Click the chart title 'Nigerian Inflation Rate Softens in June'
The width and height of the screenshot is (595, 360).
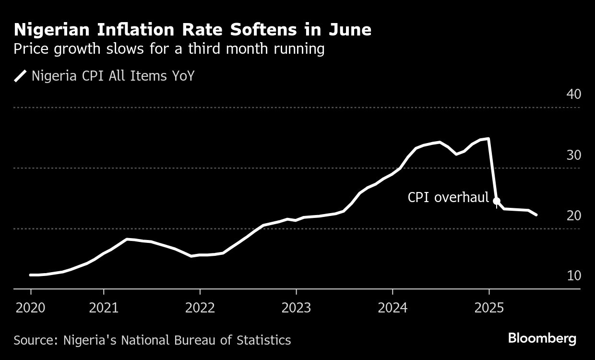(x=192, y=30)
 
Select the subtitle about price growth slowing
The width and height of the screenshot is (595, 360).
(x=169, y=49)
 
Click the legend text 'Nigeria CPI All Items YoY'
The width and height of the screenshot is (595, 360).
(x=113, y=76)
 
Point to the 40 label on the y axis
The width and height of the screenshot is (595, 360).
(x=573, y=94)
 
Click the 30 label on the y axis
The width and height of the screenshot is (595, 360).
(x=573, y=155)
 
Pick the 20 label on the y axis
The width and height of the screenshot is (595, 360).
(x=573, y=216)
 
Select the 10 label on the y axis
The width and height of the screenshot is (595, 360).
(x=573, y=276)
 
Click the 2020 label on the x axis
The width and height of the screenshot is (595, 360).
(x=31, y=307)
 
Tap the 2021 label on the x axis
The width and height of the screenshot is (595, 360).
(x=104, y=307)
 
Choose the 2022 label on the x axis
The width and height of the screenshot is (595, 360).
(x=200, y=307)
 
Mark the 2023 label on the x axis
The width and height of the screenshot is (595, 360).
(x=296, y=307)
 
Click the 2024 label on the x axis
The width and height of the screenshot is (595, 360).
(x=393, y=307)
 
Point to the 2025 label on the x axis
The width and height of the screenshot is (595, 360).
(x=488, y=307)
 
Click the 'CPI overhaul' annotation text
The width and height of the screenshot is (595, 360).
(x=448, y=197)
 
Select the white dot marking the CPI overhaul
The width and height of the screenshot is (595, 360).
(x=497, y=201)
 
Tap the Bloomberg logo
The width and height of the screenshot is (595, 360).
(x=542, y=338)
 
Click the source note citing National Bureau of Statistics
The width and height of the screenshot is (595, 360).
(x=152, y=340)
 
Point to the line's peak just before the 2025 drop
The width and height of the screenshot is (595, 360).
(x=488, y=139)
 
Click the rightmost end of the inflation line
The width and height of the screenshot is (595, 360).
(x=536, y=215)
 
